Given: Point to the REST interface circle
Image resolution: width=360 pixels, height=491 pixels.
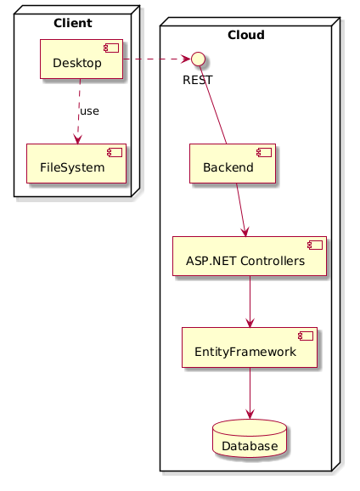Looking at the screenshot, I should pos(197,59).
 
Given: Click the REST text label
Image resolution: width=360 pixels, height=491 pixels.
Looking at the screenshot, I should pos(197,79).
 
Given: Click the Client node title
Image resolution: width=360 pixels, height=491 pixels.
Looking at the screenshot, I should pos(72,22).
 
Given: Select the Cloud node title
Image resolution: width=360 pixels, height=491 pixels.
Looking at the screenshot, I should pos(246,35).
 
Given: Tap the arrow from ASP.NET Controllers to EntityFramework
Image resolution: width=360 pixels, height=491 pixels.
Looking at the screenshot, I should pos(249,302).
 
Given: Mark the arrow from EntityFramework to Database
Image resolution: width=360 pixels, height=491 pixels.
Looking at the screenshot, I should pos(249,393).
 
